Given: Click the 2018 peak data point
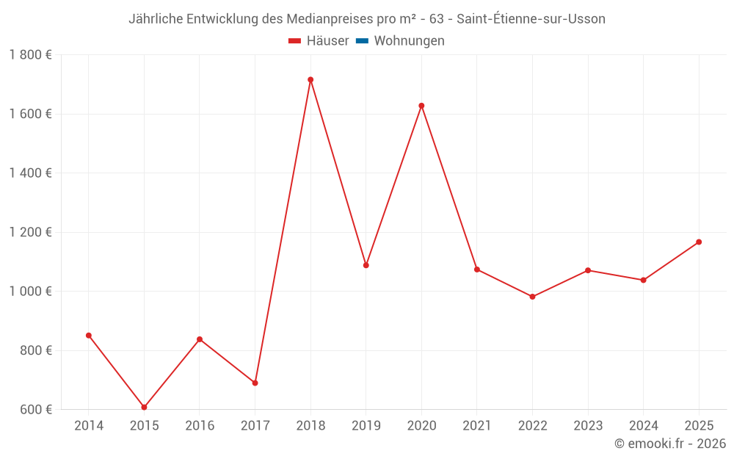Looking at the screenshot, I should click(x=310, y=79).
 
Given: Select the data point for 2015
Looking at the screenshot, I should click(x=144, y=407).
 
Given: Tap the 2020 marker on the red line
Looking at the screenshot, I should click(x=421, y=106).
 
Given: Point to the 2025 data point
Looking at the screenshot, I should click(x=699, y=242).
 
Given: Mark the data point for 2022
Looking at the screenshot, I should click(x=532, y=297).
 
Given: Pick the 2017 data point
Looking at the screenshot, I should click(x=255, y=383).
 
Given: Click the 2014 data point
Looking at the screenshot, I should click(x=89, y=336).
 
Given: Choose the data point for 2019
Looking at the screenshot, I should click(x=366, y=265).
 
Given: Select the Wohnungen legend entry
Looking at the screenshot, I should click(x=409, y=41).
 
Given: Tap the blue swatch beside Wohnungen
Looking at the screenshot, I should click(x=362, y=41).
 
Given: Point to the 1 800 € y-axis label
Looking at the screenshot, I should click(x=30, y=54).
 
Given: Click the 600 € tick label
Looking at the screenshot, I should click(x=35, y=409).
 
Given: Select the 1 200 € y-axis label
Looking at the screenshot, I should click(x=30, y=232).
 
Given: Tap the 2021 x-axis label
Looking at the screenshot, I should click(x=477, y=426).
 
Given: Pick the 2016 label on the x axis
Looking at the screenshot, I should click(x=200, y=426).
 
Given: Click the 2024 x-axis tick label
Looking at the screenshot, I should click(x=643, y=426).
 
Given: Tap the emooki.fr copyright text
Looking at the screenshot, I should click(x=670, y=444).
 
